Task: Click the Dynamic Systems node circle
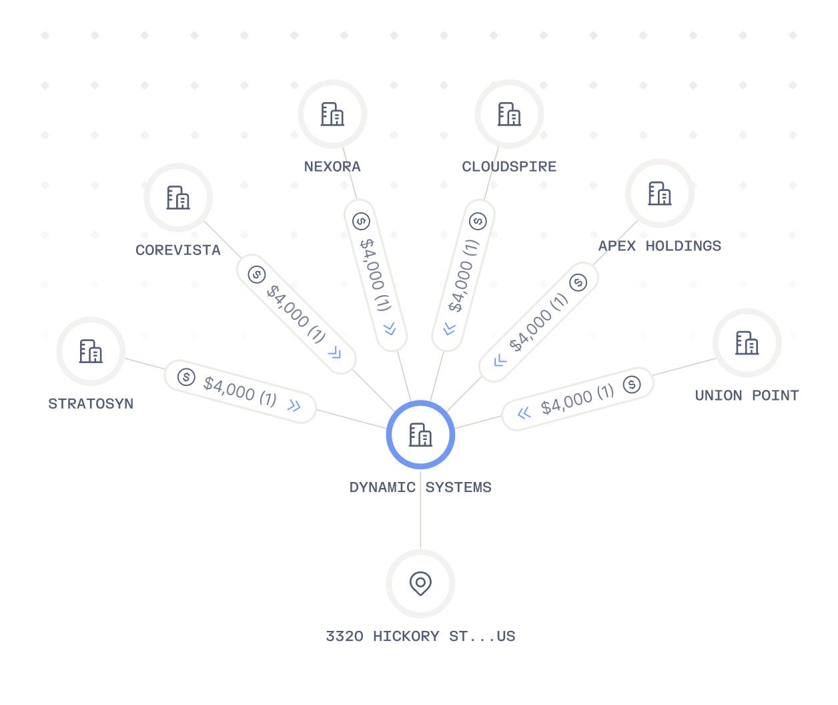[x=420, y=435]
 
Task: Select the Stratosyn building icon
[x=91, y=351]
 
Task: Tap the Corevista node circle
[x=178, y=198]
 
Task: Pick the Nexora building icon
[x=332, y=114]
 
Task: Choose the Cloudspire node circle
[x=509, y=114]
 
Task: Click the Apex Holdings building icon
[x=659, y=193]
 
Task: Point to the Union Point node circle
[x=747, y=342]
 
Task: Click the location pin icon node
[x=420, y=583]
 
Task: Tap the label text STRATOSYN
[x=91, y=403]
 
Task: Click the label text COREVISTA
[x=178, y=250]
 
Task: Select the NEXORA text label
[x=332, y=166]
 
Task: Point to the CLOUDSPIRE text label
[x=509, y=166]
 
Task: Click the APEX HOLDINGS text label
[x=659, y=246]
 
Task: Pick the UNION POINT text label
[x=747, y=395]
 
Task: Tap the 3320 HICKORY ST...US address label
[x=420, y=636]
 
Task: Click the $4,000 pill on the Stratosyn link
[x=240, y=391]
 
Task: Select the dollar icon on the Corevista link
[x=257, y=274]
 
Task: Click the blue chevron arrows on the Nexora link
[x=390, y=328]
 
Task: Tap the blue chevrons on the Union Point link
[x=524, y=413]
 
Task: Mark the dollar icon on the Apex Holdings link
[x=578, y=282]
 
